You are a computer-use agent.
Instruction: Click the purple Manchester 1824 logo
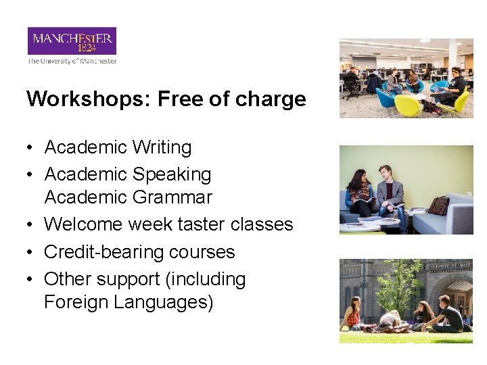point(72,41)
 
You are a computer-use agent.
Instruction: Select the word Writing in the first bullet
point(162,147)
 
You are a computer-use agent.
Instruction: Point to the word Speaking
point(172,174)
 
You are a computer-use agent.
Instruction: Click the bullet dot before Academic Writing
point(31,148)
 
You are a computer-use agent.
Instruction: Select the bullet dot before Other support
point(31,280)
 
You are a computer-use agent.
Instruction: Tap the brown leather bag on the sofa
point(438,205)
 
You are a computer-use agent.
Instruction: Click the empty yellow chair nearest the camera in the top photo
point(408,105)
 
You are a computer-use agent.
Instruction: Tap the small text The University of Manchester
point(72,61)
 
